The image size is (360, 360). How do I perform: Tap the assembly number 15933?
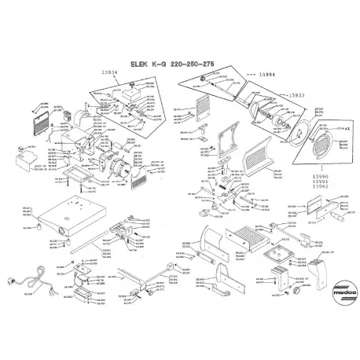pos(296,94)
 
